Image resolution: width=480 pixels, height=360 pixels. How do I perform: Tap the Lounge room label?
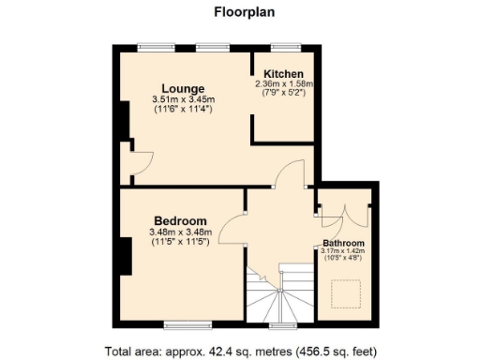pyautogui.click(x=184, y=90)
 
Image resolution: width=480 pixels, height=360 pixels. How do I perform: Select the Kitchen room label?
pyautogui.click(x=283, y=74)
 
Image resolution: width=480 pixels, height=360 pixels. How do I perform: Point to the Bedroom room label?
pyautogui.click(x=180, y=221)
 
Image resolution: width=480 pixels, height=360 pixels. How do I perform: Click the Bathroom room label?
pyautogui.click(x=343, y=242)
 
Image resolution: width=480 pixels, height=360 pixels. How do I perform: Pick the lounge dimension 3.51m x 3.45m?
pyautogui.click(x=184, y=100)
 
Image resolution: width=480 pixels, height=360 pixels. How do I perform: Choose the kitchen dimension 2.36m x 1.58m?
pyautogui.click(x=283, y=83)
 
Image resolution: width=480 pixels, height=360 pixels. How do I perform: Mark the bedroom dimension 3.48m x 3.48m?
pyautogui.click(x=180, y=232)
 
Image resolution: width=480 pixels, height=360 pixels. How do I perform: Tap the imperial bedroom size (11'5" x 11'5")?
pyautogui.click(x=180, y=241)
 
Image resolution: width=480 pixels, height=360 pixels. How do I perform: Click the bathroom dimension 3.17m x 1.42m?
pyautogui.click(x=343, y=251)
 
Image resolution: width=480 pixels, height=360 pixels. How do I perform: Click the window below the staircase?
pyautogui.click(x=281, y=325)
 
